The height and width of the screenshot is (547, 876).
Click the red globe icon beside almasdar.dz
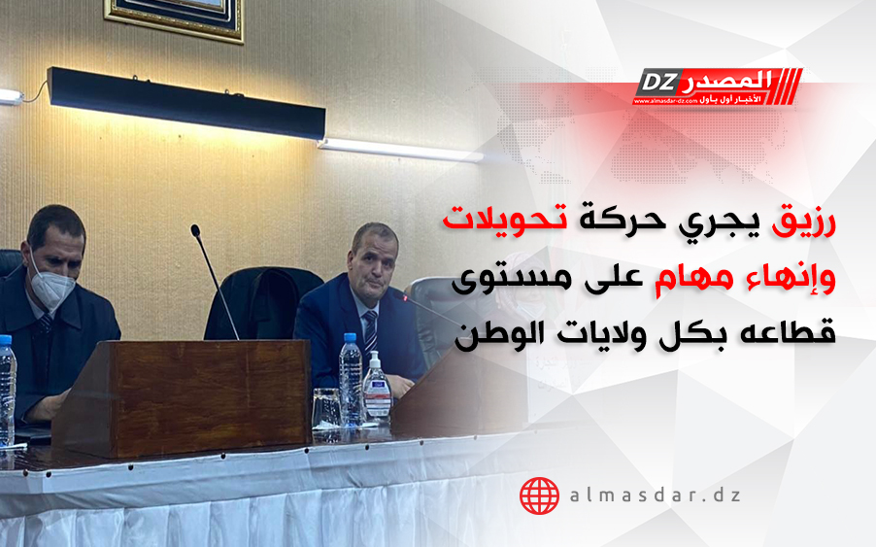539,496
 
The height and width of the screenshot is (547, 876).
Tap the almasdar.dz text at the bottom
656,496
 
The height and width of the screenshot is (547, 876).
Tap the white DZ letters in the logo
656,83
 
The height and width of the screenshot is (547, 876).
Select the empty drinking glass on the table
326,408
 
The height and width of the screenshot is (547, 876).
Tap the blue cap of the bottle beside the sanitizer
350,338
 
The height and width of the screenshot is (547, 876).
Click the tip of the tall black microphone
195,228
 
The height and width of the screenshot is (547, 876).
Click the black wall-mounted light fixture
186,103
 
